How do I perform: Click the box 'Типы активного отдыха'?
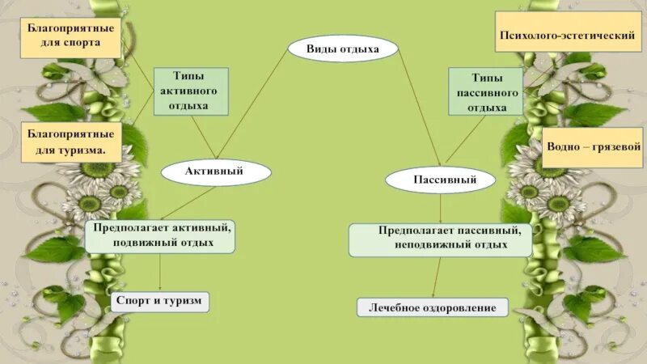(190, 90)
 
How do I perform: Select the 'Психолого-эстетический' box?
(563, 36)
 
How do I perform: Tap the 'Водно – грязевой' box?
(592, 147)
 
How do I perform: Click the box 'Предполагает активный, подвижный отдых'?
(163, 235)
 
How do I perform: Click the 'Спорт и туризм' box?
(160, 302)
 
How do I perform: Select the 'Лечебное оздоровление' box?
(432, 307)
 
